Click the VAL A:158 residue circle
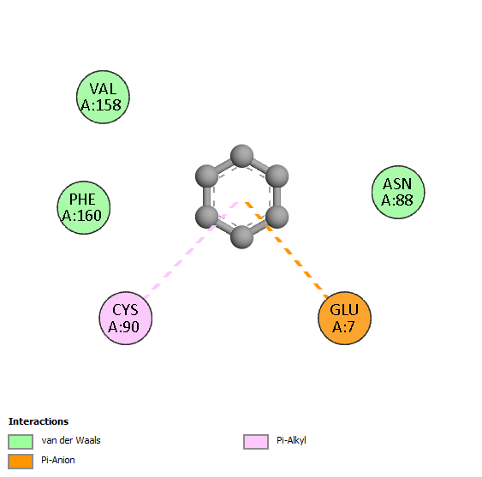(103, 97)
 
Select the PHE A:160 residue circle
(84, 207)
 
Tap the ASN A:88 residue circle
(398, 192)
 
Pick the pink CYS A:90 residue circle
(126, 318)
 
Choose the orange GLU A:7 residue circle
(345, 318)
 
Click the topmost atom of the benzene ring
(242, 156)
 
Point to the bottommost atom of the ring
(242, 237)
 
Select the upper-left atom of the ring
(207, 176)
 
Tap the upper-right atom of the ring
(277, 176)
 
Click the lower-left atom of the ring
(207, 217)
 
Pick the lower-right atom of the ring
(277, 217)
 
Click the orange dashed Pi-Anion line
(287, 250)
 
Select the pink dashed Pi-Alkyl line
(191, 250)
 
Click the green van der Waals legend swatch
(21, 442)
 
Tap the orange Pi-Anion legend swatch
(21, 462)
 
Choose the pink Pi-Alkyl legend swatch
(256, 442)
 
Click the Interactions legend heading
(39, 421)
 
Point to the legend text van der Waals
(71, 440)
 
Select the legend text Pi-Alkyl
(291, 441)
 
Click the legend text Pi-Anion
(58, 460)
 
